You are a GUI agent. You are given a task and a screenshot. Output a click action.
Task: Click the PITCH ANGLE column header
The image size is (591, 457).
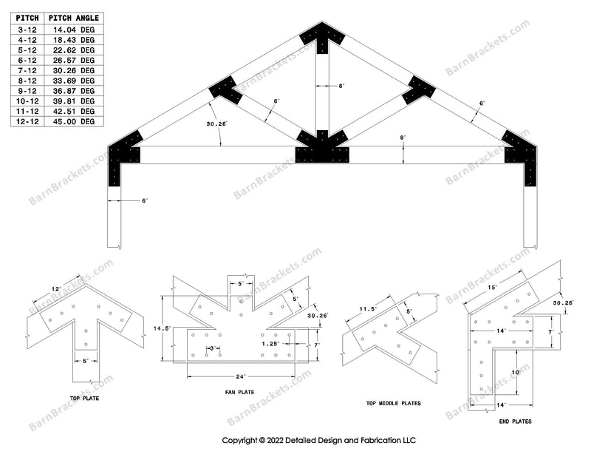click(x=73, y=18)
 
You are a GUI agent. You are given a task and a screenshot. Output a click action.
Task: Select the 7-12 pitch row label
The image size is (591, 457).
click(x=27, y=70)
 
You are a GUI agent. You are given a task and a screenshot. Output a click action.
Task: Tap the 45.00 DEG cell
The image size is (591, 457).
click(x=73, y=121)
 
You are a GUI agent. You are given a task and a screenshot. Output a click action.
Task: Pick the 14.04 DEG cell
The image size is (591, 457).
click(x=73, y=30)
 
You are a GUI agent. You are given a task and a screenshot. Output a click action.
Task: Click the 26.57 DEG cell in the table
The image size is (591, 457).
click(x=73, y=61)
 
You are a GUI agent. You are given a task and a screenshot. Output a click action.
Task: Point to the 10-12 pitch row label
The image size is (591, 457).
click(x=27, y=101)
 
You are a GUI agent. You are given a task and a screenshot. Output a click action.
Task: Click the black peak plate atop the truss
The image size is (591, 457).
click(x=322, y=38)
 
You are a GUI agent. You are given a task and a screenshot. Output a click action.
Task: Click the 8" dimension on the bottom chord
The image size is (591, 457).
click(x=403, y=138)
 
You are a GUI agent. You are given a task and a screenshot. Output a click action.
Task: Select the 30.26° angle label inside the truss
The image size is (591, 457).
click(x=216, y=123)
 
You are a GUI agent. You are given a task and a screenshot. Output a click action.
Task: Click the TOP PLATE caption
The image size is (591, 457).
click(x=84, y=398)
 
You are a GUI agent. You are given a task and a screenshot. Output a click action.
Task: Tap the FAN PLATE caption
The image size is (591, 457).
click(x=239, y=392)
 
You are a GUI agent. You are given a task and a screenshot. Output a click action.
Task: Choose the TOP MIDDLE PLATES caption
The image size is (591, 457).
click(x=394, y=403)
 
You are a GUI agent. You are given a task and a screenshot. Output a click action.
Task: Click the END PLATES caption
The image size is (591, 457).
click(x=515, y=422)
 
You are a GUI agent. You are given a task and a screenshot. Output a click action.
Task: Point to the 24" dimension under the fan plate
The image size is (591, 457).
click(x=241, y=376)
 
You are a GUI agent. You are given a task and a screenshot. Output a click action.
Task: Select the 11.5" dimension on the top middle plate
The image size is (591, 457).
click(x=368, y=309)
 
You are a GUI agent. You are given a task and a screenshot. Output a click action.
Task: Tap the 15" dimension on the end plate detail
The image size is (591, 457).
click(x=492, y=287)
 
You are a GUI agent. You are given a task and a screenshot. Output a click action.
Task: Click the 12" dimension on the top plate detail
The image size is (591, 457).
click(x=56, y=289)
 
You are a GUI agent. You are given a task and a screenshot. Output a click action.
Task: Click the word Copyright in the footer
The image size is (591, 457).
click(x=239, y=440)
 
